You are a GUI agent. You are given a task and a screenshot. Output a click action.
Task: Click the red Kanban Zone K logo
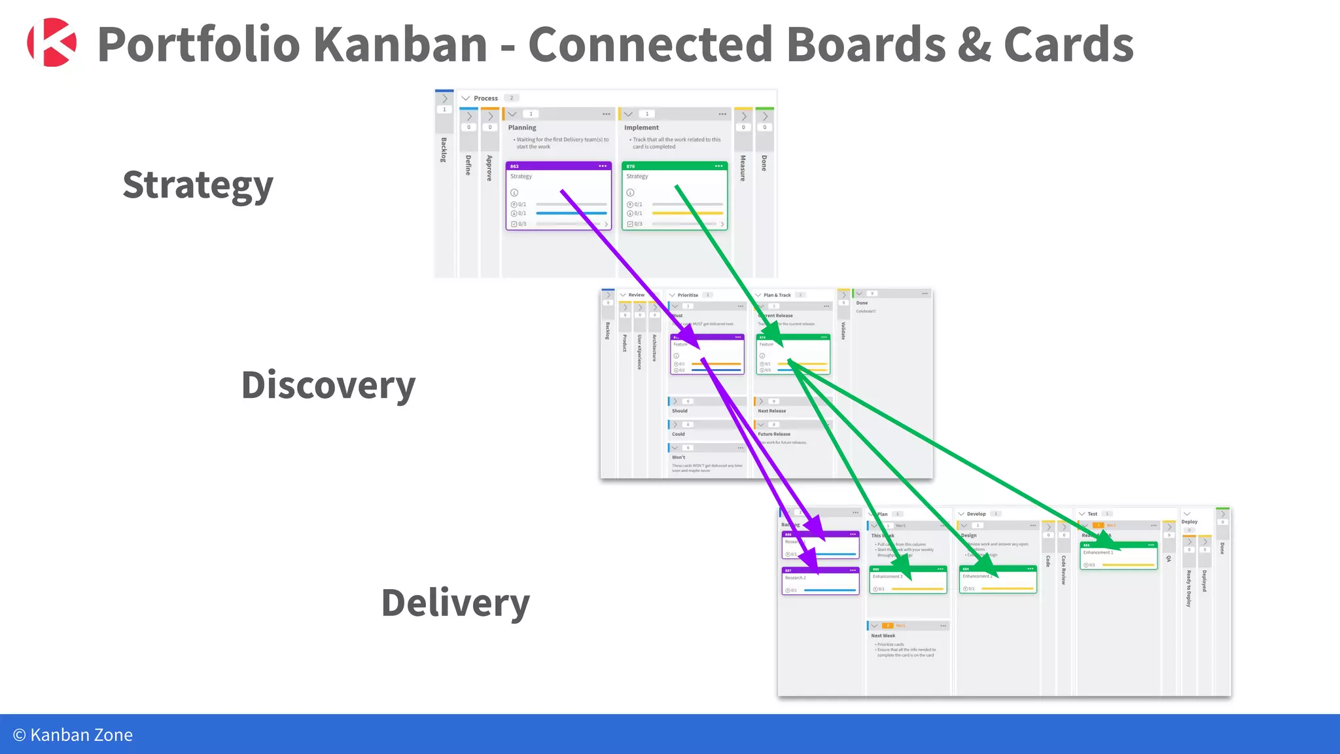[52, 43]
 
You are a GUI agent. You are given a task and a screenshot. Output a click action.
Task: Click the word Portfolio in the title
[198, 45]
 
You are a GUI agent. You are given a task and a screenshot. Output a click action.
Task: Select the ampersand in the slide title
[974, 45]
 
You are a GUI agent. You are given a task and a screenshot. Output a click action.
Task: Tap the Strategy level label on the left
[198, 185]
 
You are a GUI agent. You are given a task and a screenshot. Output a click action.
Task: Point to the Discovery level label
[328, 385]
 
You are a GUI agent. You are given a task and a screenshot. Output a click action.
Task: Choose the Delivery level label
[455, 603]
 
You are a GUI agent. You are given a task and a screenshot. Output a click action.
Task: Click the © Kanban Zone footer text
[73, 734]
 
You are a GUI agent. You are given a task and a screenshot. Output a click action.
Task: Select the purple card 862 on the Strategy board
[558, 196]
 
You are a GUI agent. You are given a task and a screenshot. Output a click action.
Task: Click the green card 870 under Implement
[674, 196]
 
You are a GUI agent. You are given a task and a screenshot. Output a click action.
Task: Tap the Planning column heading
[522, 128]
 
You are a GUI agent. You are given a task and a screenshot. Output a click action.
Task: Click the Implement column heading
[641, 128]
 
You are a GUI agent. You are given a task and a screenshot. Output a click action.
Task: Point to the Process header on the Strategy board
[485, 98]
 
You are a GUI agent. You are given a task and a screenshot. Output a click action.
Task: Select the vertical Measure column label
[743, 168]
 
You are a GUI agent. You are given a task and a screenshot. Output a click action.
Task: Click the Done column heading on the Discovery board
[862, 303]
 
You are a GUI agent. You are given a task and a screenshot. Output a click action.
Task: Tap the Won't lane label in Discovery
[679, 458]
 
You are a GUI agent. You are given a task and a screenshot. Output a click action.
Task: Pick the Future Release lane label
[774, 434]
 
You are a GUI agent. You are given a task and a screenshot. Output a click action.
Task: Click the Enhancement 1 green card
[1118, 555]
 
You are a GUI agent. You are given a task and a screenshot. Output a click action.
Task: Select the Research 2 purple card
[820, 581]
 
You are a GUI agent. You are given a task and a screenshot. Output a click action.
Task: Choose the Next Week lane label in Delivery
[883, 636]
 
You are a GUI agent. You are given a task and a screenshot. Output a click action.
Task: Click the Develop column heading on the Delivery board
[976, 514]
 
